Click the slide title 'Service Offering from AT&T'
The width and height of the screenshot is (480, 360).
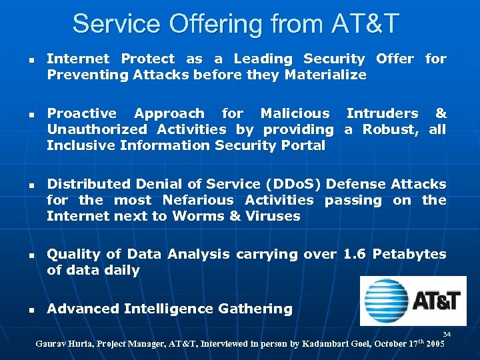pos(235,23)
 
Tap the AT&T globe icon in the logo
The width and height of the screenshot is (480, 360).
pos(385,301)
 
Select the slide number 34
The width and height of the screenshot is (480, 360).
pos(447,333)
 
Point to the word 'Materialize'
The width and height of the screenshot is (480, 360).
pos(325,75)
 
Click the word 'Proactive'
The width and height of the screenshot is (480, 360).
pos(81,113)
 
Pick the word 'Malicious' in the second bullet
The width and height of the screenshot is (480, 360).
pos(295,113)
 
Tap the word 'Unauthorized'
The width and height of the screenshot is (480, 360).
pos(94,129)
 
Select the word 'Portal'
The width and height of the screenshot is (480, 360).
pos(303,145)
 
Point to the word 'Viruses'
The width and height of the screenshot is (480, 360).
pos(273,216)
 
